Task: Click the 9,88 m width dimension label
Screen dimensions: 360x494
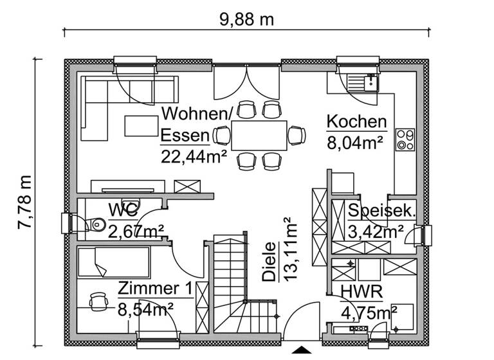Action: pos(247,19)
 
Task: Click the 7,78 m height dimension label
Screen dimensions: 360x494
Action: pos(24,201)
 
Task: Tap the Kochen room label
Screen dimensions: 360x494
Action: pos(356,122)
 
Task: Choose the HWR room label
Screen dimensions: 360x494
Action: pos(363,293)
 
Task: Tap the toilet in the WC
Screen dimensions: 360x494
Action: pos(95,224)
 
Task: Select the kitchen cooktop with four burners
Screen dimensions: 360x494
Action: pos(405,139)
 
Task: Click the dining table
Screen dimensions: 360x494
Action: pos(259,136)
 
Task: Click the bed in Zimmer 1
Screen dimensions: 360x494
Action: pos(113,262)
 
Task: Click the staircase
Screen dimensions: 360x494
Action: pos(232,283)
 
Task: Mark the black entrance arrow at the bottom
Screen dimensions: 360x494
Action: pos(300,350)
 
